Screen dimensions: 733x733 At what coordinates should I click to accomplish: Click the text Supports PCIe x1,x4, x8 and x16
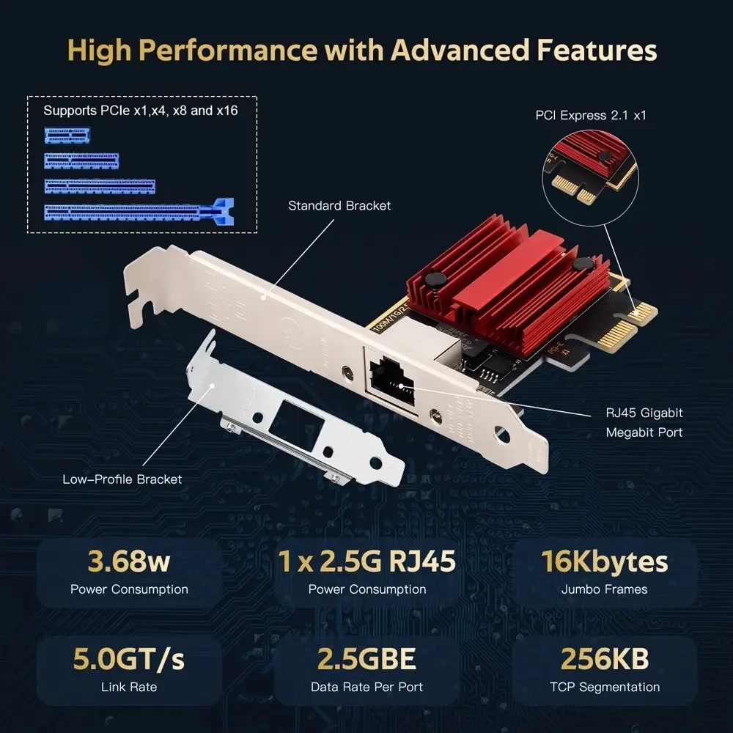(140, 111)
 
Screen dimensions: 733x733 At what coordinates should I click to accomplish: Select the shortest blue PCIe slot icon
(67, 135)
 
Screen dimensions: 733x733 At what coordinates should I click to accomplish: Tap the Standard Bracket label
(339, 206)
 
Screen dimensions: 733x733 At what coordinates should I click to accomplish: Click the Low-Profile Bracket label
(122, 479)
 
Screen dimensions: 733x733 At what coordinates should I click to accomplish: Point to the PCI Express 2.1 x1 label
(591, 115)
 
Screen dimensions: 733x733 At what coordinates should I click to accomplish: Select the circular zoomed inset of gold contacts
(594, 175)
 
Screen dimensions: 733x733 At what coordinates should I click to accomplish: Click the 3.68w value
(129, 561)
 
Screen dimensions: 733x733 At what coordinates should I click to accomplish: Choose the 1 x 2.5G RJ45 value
(367, 561)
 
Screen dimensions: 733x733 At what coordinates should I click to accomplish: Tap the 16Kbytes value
(605, 561)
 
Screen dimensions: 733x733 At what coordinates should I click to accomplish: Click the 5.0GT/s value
(129, 659)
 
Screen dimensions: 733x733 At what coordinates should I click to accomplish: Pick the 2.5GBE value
(367, 659)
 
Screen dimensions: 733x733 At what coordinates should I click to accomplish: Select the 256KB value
(605, 659)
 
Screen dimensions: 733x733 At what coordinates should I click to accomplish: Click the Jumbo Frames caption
(605, 589)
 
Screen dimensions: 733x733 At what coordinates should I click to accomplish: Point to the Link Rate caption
(129, 687)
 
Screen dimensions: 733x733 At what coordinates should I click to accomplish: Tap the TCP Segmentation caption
(605, 687)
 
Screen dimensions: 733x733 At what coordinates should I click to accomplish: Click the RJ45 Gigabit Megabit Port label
(644, 423)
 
